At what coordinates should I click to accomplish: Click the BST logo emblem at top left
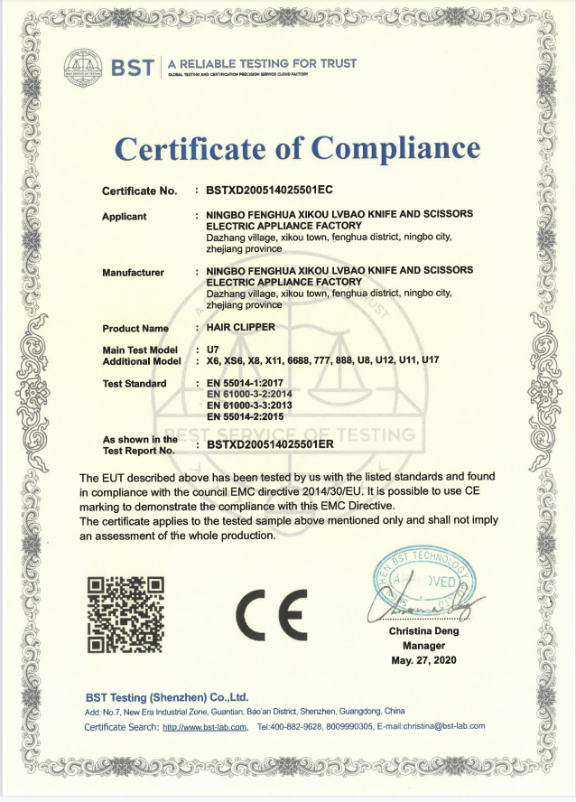tap(85, 66)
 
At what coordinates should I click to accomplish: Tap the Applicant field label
tap(125, 216)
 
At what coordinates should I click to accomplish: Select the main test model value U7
tap(214, 349)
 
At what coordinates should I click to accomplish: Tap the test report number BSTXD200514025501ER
tap(271, 444)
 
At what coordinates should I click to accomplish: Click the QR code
tap(125, 613)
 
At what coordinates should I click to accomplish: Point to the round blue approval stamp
tap(421, 579)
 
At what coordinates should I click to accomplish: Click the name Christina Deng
tap(423, 631)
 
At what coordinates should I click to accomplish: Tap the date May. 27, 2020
tap(423, 660)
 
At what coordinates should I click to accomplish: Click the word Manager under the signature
tap(423, 646)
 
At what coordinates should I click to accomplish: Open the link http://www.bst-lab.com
tap(205, 726)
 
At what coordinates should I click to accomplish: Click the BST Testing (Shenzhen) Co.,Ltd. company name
tap(167, 697)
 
